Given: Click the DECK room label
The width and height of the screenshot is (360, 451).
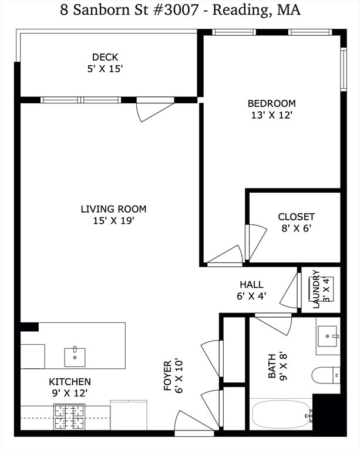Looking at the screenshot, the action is (x=105, y=57).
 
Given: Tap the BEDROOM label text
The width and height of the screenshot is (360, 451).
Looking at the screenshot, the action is (x=272, y=103).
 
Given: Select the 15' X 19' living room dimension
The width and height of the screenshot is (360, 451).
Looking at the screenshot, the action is (x=113, y=221).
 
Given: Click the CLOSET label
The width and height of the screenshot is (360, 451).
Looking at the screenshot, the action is (x=297, y=217).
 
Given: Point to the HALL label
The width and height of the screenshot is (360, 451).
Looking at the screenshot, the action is (x=251, y=284).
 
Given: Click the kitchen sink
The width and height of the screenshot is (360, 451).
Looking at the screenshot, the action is (x=75, y=356).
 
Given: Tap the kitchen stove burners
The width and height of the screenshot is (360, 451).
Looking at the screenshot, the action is (x=69, y=416).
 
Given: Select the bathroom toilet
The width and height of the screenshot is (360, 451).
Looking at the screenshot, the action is (x=326, y=375).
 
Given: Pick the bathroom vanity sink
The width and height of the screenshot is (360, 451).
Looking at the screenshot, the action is (x=328, y=336).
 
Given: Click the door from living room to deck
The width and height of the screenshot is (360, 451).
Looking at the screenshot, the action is (x=155, y=110).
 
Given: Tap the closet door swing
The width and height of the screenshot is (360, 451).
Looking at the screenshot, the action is (x=255, y=242).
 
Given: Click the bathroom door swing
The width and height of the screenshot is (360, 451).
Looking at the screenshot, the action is (x=274, y=324).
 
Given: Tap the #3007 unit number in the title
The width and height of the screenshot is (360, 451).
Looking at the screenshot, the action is (x=176, y=10).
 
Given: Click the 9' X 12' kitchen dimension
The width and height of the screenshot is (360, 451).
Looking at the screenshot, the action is (x=70, y=393).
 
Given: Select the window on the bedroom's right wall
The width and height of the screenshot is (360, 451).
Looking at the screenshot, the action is (x=344, y=69).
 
